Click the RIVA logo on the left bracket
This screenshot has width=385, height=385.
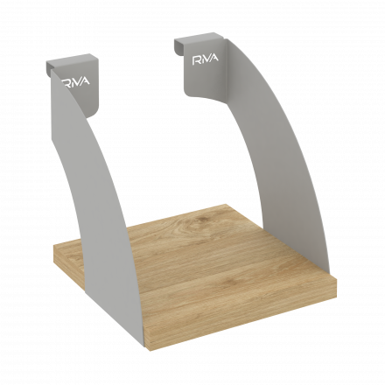pos(75,81)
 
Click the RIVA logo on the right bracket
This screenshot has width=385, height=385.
pos(205,59)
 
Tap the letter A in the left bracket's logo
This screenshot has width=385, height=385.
pos(85,81)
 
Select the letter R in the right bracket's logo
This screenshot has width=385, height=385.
pos(196,60)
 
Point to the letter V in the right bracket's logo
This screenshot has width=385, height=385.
pos(208,59)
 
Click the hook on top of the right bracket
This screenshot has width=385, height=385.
pos(199,43)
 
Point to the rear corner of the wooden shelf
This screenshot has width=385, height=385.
pos(226,204)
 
